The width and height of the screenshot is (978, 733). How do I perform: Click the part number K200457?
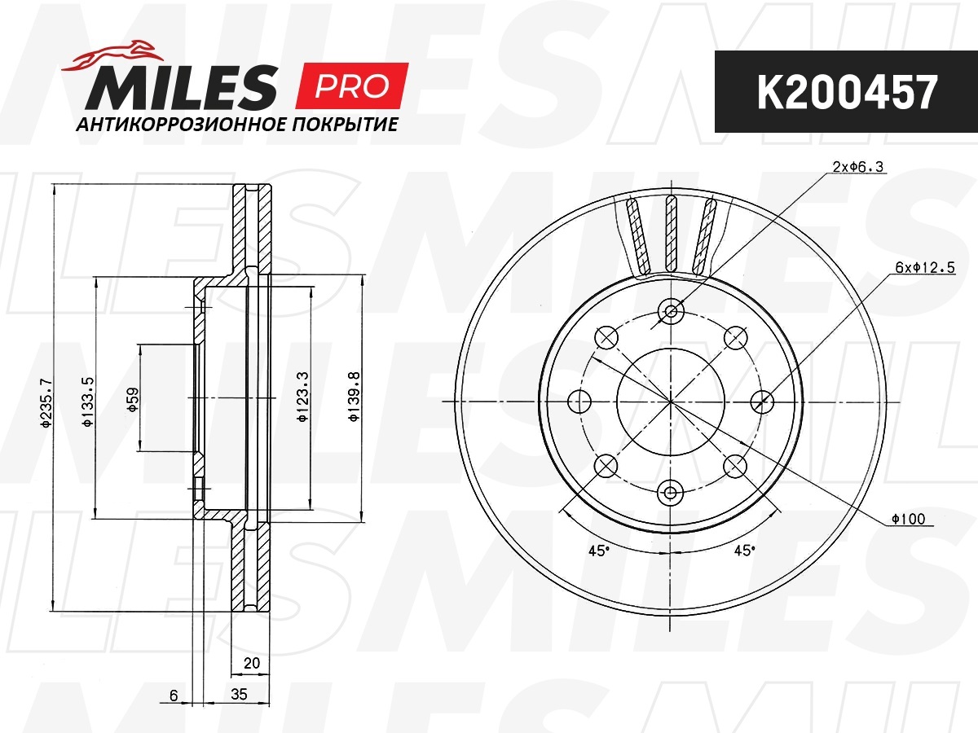point(847,92)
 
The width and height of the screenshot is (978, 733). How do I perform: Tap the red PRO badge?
point(352,86)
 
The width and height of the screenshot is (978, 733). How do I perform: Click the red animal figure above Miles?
point(112,56)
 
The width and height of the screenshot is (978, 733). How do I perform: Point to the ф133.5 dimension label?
point(88,402)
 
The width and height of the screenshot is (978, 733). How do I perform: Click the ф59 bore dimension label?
point(132,400)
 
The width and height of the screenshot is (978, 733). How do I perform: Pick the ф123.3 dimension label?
point(302,397)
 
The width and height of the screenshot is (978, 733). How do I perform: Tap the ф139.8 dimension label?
point(354,397)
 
